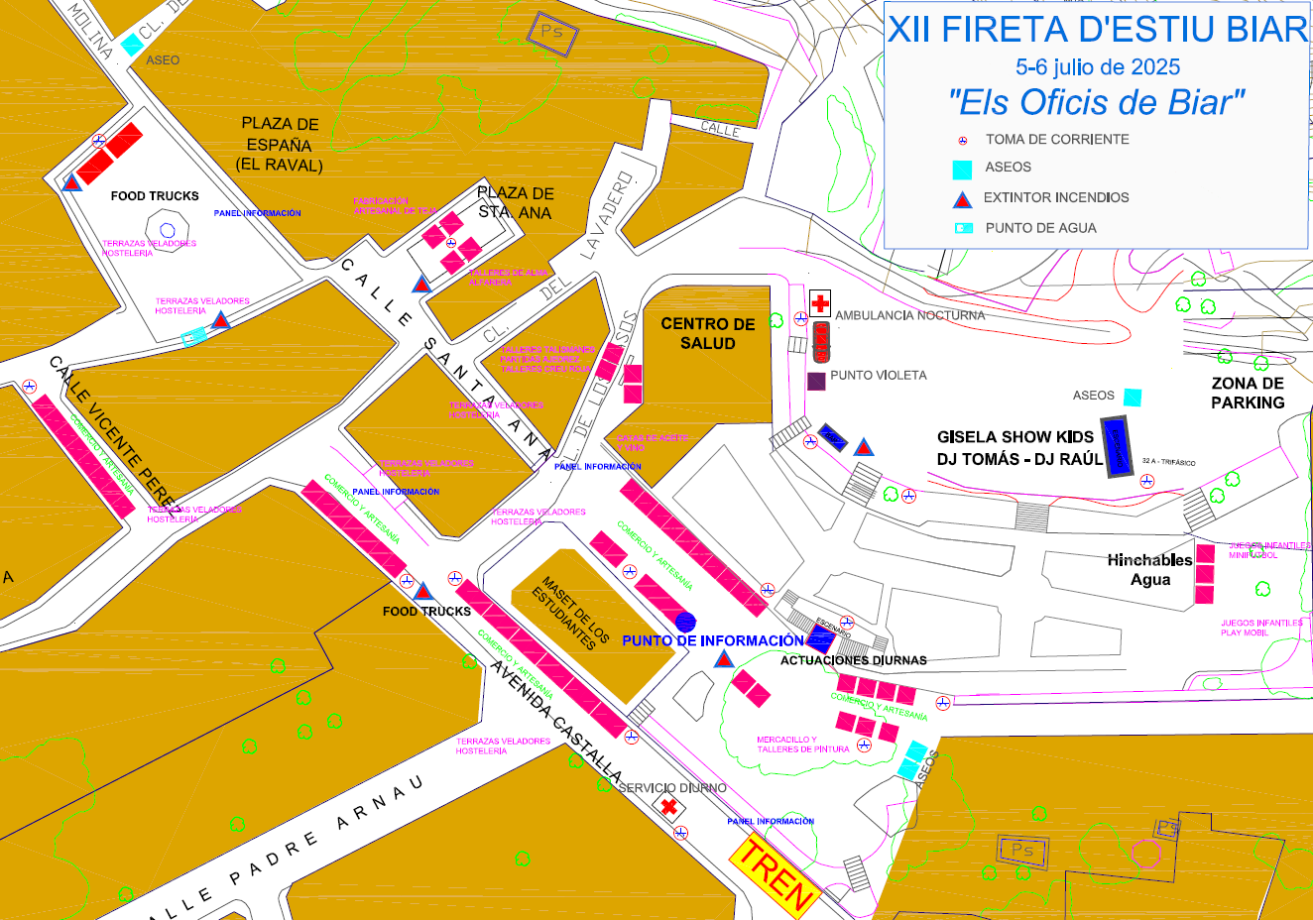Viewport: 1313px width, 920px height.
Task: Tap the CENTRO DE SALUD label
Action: (x=708, y=333)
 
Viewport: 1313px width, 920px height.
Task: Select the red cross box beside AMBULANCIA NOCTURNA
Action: (x=820, y=303)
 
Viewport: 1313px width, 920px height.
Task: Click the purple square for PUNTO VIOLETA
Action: (x=816, y=381)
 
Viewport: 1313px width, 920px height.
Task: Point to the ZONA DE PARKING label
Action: (x=1248, y=393)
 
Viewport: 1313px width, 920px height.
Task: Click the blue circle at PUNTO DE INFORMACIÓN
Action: (x=685, y=622)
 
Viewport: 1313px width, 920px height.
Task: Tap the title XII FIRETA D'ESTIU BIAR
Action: (x=1098, y=30)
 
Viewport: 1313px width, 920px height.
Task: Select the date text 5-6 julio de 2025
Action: (x=1098, y=67)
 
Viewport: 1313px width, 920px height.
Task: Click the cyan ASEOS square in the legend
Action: (x=962, y=170)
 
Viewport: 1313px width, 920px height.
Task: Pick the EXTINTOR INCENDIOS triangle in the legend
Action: (x=962, y=200)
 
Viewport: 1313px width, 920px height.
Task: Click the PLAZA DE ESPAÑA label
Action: (x=280, y=145)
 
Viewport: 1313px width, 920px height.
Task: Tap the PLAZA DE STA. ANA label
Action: (x=516, y=202)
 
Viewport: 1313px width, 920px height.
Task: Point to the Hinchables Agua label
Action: (x=1150, y=570)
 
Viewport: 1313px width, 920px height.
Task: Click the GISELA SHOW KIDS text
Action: (x=1015, y=437)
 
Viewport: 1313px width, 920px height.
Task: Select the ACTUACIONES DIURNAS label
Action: (x=854, y=660)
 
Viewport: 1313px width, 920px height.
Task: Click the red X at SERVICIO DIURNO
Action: (x=669, y=807)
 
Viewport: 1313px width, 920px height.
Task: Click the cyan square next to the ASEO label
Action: (x=131, y=45)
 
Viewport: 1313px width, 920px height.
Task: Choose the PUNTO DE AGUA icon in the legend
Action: (x=962, y=228)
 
